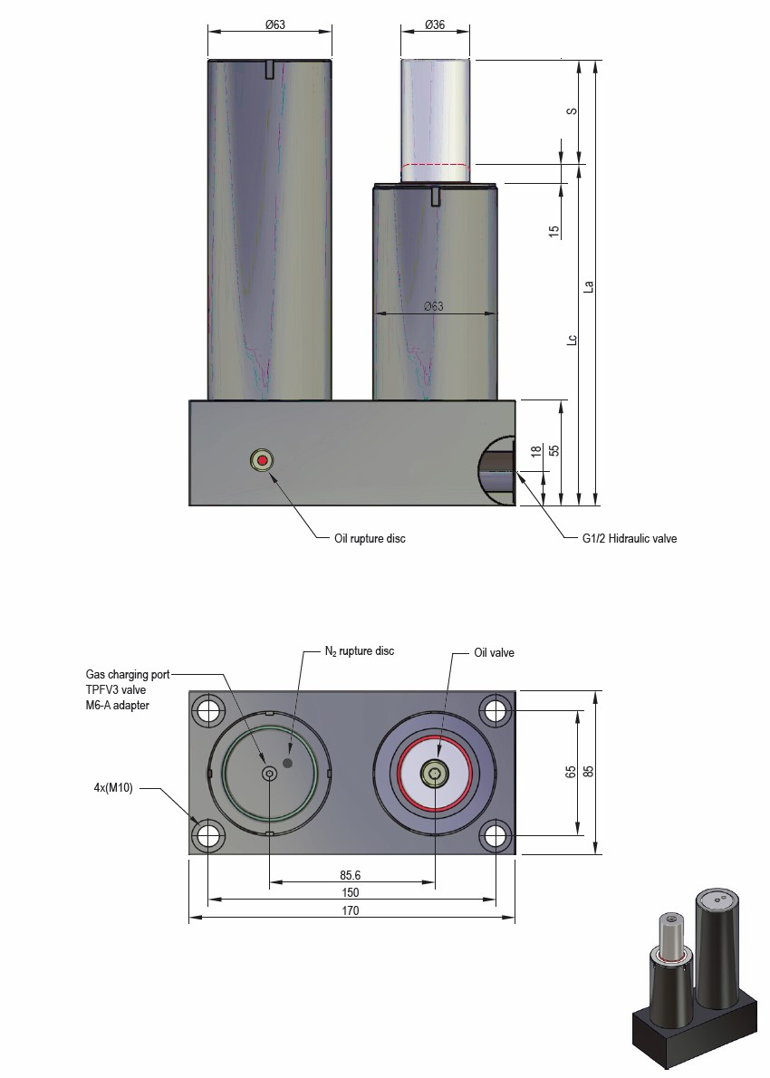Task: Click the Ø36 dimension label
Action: pyautogui.click(x=435, y=25)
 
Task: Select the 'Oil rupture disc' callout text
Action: pyautogui.click(x=370, y=538)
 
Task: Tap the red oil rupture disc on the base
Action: pyautogui.click(x=263, y=460)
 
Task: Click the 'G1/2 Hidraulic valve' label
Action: pyautogui.click(x=629, y=538)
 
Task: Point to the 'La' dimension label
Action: pyautogui.click(x=588, y=286)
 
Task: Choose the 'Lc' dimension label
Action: pyautogui.click(x=571, y=341)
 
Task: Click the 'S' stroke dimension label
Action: pyautogui.click(x=571, y=111)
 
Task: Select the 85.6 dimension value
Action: pyautogui.click(x=351, y=875)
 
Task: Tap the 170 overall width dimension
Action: pyautogui.click(x=351, y=911)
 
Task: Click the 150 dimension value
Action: pyautogui.click(x=351, y=893)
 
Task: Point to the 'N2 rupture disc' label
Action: pyautogui.click(x=360, y=650)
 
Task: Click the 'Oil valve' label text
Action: pyautogui.click(x=495, y=651)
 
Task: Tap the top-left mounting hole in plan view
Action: pyautogui.click(x=209, y=710)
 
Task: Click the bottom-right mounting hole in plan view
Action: pyautogui.click(x=495, y=835)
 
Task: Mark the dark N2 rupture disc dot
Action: pyautogui.click(x=289, y=763)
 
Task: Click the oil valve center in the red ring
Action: pyautogui.click(x=436, y=773)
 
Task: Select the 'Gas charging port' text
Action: pyautogui.click(x=128, y=674)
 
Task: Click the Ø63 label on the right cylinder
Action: pyautogui.click(x=434, y=306)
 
